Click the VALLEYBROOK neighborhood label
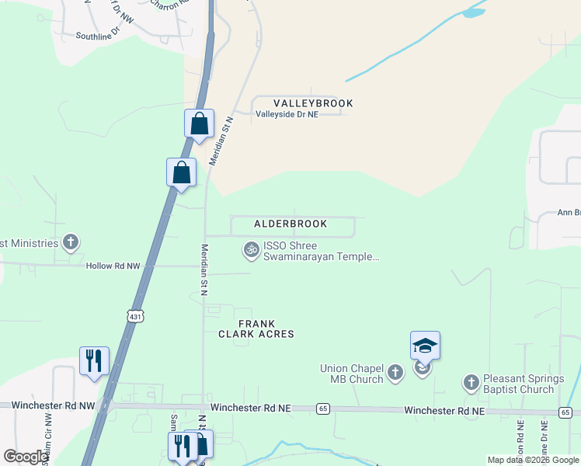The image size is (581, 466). click(313, 103)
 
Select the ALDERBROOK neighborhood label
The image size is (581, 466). click(290, 224)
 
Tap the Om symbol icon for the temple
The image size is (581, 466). click(251, 249)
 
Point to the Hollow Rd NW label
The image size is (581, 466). click(113, 266)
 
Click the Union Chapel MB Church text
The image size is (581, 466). click(353, 374)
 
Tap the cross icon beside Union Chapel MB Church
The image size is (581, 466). click(395, 374)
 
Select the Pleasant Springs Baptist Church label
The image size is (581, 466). click(520, 384)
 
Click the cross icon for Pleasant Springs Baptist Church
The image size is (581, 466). click(471, 382)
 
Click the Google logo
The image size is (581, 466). click(26, 457)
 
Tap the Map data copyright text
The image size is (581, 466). click(532, 460)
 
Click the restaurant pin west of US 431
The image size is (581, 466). click(94, 361)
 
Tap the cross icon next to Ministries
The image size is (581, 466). click(71, 242)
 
